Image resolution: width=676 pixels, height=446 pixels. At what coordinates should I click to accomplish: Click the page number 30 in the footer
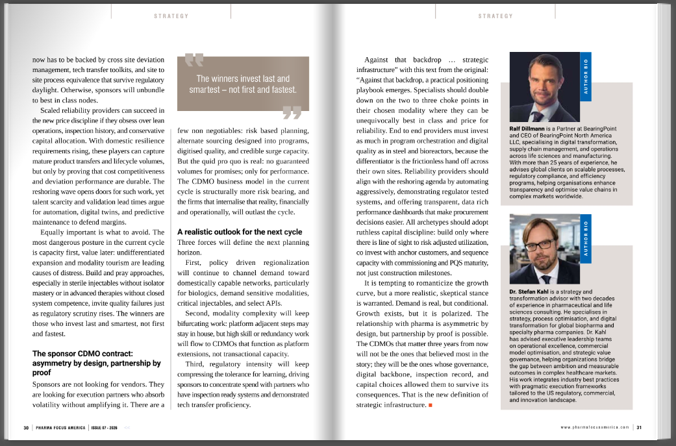click(26, 427)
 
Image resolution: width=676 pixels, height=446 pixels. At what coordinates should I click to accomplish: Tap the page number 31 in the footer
click(639, 427)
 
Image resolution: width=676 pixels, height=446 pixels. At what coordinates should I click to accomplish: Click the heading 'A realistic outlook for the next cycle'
click(240, 232)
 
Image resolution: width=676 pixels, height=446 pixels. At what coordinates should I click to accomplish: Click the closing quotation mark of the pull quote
click(292, 114)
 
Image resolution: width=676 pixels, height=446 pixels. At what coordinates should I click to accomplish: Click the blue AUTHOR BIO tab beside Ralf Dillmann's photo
click(586, 77)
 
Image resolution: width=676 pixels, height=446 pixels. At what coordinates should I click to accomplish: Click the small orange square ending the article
click(430, 405)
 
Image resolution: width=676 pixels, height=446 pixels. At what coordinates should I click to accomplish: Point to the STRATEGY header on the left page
click(171, 16)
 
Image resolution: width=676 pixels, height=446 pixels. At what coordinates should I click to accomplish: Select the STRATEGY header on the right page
click(495, 16)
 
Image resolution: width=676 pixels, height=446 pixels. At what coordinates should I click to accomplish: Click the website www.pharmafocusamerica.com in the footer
click(595, 427)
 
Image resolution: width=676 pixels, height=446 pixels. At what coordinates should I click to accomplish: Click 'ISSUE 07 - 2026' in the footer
click(105, 427)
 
